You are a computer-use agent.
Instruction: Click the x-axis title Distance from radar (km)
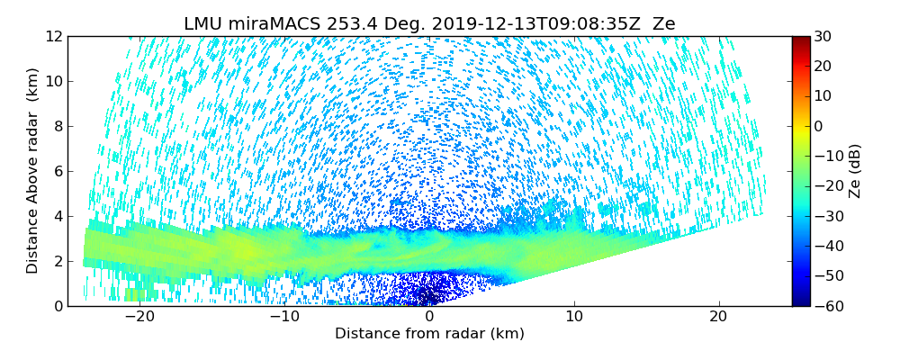(429, 334)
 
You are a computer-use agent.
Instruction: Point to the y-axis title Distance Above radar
(33, 171)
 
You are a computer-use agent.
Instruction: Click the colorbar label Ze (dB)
(854, 171)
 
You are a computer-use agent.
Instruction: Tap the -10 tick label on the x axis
(283, 317)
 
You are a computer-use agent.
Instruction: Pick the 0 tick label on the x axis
(429, 317)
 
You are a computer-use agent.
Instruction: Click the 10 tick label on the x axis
(573, 317)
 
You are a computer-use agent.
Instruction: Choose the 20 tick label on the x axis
(718, 317)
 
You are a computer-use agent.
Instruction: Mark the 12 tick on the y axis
(53, 36)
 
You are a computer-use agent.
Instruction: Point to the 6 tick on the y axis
(57, 171)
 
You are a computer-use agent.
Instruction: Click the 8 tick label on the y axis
(57, 126)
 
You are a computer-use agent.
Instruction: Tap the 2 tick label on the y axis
(57, 261)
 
